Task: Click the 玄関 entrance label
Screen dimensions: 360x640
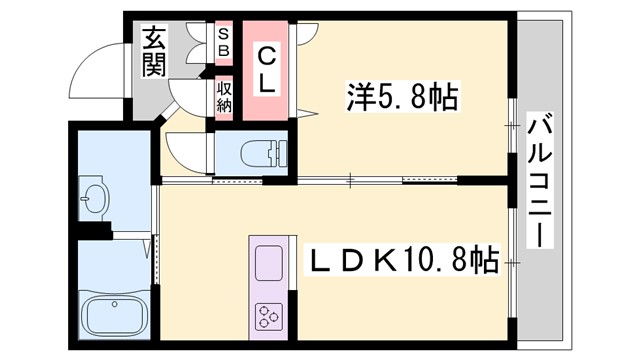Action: tap(154, 52)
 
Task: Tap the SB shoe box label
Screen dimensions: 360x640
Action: tap(223, 44)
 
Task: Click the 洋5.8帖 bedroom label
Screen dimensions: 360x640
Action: tap(402, 97)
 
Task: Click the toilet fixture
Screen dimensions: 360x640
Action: tap(262, 153)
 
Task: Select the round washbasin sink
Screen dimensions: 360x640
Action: tap(95, 197)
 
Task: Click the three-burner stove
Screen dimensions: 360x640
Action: tap(268, 318)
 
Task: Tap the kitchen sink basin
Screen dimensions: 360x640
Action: tap(268, 263)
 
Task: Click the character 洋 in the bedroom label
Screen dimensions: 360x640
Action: tap(359, 97)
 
